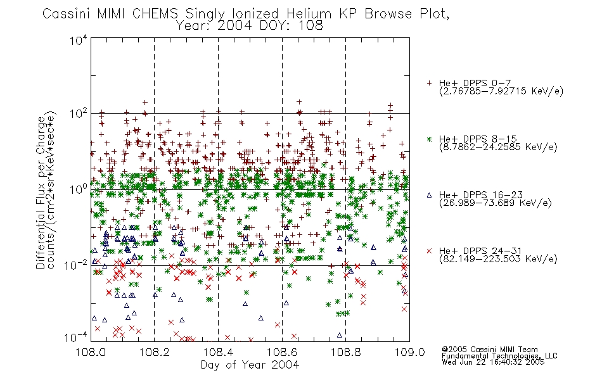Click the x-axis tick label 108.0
pyautogui.click(x=91, y=352)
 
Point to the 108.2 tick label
pyautogui.click(x=155, y=352)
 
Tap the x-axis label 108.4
pyautogui.click(x=218, y=352)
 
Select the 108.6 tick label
pyautogui.click(x=282, y=352)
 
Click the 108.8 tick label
pyautogui.click(x=345, y=352)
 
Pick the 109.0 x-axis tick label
pyautogui.click(x=409, y=352)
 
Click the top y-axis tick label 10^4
pyautogui.click(x=79, y=40)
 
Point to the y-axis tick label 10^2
pyautogui.click(x=79, y=114)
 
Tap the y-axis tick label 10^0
pyautogui.click(x=79, y=189)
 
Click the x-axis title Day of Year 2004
pyautogui.click(x=250, y=365)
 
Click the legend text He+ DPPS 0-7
pyautogui.click(x=475, y=84)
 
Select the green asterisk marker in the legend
pyautogui.click(x=429, y=139)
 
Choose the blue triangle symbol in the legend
pyautogui.click(x=429, y=195)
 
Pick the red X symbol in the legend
pyautogui.click(x=429, y=251)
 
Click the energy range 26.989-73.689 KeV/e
pyautogui.click(x=496, y=203)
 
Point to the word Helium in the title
pyautogui.click(x=309, y=14)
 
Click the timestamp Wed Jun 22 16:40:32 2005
pyautogui.click(x=493, y=362)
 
